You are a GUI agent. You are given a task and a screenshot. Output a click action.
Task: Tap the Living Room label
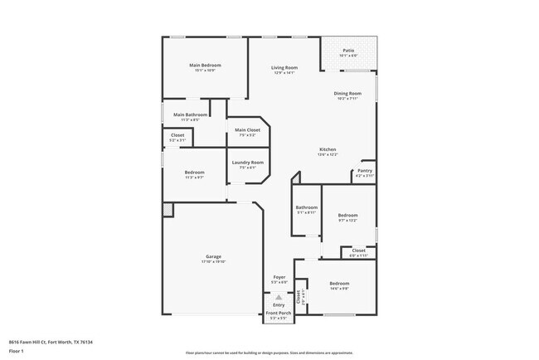285,68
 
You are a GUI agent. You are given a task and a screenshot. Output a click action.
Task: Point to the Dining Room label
347,94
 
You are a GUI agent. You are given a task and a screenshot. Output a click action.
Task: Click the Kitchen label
328,149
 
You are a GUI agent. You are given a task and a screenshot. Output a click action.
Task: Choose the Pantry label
365,171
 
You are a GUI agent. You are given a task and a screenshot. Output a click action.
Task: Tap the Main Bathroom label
190,114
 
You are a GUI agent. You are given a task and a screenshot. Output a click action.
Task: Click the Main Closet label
247,130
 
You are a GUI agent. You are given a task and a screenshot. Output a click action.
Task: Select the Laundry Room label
247,162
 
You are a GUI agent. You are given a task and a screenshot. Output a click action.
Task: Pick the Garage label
213,256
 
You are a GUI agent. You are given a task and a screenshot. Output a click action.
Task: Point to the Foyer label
279,277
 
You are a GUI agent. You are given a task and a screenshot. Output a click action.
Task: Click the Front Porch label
278,313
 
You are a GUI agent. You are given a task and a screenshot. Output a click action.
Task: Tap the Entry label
279,304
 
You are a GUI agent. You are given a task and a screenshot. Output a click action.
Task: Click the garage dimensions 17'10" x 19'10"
213,261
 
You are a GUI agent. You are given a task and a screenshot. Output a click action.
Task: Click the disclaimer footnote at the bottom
269,353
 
